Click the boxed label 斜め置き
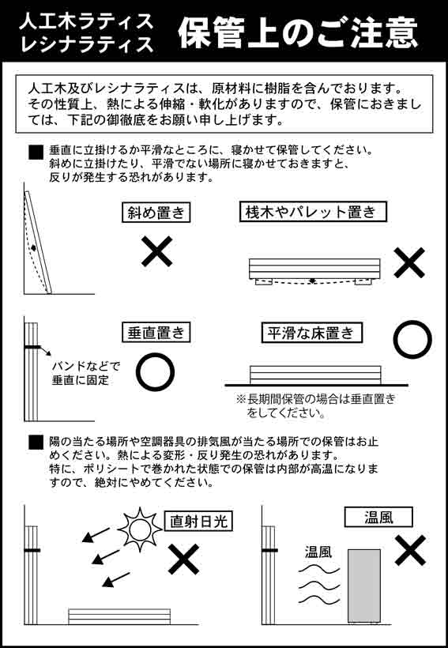coord(157,213)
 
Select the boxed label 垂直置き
coord(157,333)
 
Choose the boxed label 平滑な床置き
coord(312,333)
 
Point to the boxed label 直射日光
coord(201,521)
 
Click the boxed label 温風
coord(378,518)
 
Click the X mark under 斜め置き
coord(156,253)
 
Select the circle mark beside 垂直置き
coord(156,371)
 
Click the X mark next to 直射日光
coord(183,559)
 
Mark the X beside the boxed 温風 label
coord(410,550)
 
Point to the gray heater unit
coord(363,585)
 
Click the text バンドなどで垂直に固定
coord(86,373)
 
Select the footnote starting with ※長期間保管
coord(315,405)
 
